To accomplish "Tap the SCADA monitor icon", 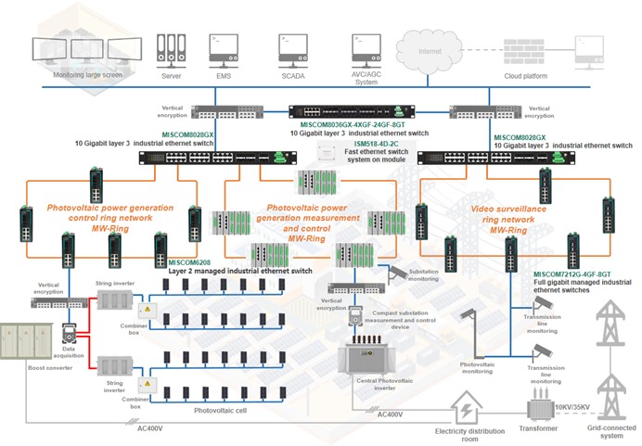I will tap(292, 48).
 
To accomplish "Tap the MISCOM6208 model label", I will tap(189, 262).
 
